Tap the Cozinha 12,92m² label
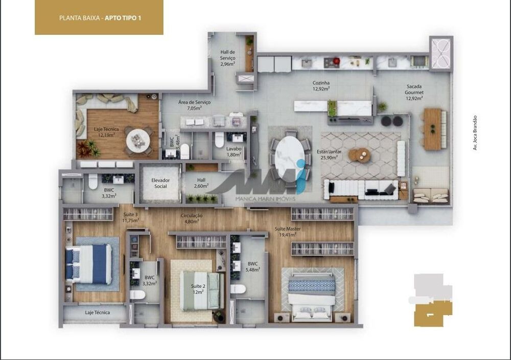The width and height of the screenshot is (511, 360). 321,85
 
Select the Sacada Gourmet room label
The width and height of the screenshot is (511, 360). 414,93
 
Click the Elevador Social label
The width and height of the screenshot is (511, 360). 160,183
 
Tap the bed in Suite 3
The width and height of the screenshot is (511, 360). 88,263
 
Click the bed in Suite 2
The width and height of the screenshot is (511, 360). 201,290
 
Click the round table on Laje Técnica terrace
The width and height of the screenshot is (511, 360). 138,138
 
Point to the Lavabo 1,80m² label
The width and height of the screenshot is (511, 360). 234,151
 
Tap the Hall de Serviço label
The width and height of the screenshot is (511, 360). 227,58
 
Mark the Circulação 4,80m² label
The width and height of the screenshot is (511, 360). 192,218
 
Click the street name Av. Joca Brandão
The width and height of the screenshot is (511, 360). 475,133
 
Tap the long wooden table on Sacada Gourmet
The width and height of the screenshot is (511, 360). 431,129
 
